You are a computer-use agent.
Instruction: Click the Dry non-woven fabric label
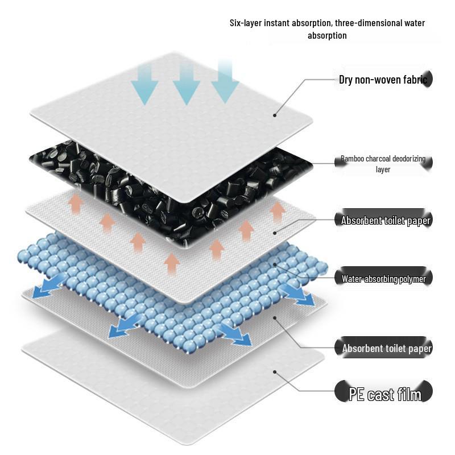(383, 80)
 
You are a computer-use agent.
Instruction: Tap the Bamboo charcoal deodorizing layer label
(383, 159)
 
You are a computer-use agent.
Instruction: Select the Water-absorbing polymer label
(384, 279)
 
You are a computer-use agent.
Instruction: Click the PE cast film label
(385, 394)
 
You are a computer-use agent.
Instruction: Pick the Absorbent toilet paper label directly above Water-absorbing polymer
(386, 221)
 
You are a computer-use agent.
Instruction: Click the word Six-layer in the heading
(246, 23)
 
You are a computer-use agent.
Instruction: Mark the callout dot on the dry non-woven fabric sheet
(275, 115)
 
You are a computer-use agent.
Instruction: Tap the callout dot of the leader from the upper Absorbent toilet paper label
(275, 231)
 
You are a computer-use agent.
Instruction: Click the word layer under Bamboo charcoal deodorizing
(383, 169)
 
